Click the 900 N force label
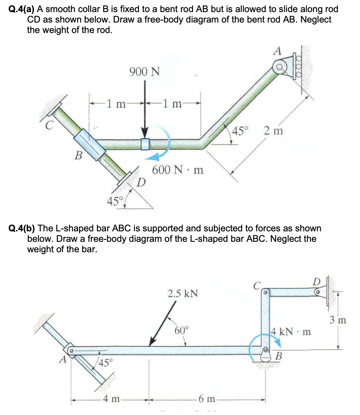pyautogui.click(x=144, y=71)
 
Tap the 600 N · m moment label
pyautogui.click(x=178, y=170)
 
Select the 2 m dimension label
pyautogui.click(x=273, y=131)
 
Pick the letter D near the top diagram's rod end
pyautogui.click(x=141, y=182)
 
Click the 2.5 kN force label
pyautogui.click(x=183, y=293)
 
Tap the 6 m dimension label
pyautogui.click(x=207, y=399)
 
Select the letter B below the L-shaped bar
pyautogui.click(x=278, y=356)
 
